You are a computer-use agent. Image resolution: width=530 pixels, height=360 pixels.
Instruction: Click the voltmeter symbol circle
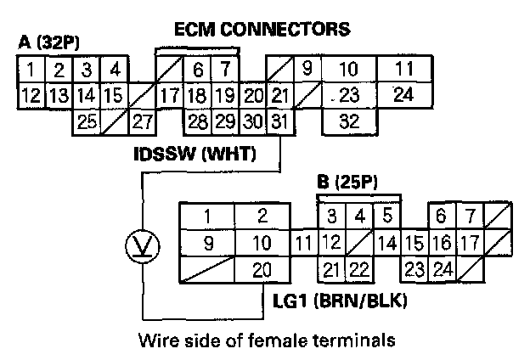click(x=138, y=245)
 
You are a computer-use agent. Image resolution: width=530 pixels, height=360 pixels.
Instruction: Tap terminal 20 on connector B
click(x=262, y=271)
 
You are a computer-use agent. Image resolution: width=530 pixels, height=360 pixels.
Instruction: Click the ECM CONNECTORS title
click(x=262, y=30)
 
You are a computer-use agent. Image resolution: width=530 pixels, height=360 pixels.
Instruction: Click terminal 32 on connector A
click(x=349, y=121)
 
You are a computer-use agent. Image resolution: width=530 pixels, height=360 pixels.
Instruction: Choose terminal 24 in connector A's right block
click(x=404, y=93)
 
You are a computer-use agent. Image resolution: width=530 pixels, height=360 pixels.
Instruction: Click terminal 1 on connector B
click(x=206, y=215)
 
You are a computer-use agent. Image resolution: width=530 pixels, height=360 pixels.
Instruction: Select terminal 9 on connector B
click(x=206, y=243)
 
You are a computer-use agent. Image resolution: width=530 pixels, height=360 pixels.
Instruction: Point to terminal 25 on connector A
click(x=86, y=121)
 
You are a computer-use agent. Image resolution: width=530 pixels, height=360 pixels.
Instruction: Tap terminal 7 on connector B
click(x=470, y=216)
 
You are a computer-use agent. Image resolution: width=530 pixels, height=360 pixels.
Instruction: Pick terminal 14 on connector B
click(x=387, y=243)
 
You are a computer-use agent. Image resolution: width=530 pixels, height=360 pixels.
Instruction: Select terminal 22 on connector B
click(x=359, y=271)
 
